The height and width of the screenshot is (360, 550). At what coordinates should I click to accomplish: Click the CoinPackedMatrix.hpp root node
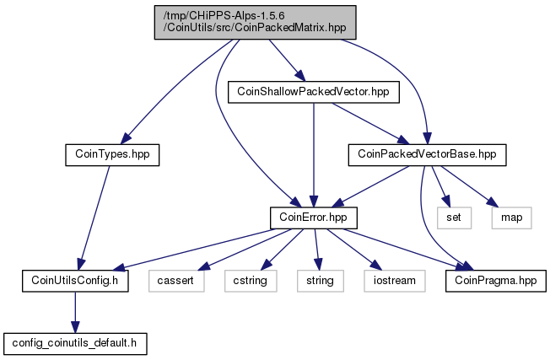[256, 22]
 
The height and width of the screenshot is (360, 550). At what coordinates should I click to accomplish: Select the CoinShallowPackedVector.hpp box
[314, 92]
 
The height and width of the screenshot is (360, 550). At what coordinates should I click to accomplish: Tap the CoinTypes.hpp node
[112, 155]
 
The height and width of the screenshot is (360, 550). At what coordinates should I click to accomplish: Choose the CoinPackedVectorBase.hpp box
[427, 155]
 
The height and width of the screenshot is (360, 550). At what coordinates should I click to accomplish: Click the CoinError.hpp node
[314, 218]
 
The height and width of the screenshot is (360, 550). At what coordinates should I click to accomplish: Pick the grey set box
[454, 218]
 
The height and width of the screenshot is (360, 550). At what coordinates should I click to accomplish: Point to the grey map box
[512, 218]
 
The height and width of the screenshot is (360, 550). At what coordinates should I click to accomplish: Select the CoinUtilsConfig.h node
[75, 281]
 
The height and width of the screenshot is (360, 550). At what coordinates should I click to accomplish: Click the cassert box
[176, 281]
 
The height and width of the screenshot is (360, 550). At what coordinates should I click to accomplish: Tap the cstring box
[251, 281]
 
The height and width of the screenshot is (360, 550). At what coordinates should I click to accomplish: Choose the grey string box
[321, 281]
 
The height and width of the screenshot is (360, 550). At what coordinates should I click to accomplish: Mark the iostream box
[395, 281]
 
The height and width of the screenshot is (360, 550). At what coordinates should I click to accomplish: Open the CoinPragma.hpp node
[496, 281]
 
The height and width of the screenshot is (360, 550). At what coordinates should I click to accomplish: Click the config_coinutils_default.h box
[75, 343]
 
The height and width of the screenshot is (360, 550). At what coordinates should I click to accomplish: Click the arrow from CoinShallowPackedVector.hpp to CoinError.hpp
[314, 155]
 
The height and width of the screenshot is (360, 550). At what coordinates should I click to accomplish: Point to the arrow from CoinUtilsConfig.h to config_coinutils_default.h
[75, 312]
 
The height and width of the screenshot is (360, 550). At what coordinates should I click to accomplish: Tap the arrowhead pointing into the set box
[446, 201]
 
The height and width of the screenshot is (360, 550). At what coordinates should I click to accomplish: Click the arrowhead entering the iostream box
[375, 265]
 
